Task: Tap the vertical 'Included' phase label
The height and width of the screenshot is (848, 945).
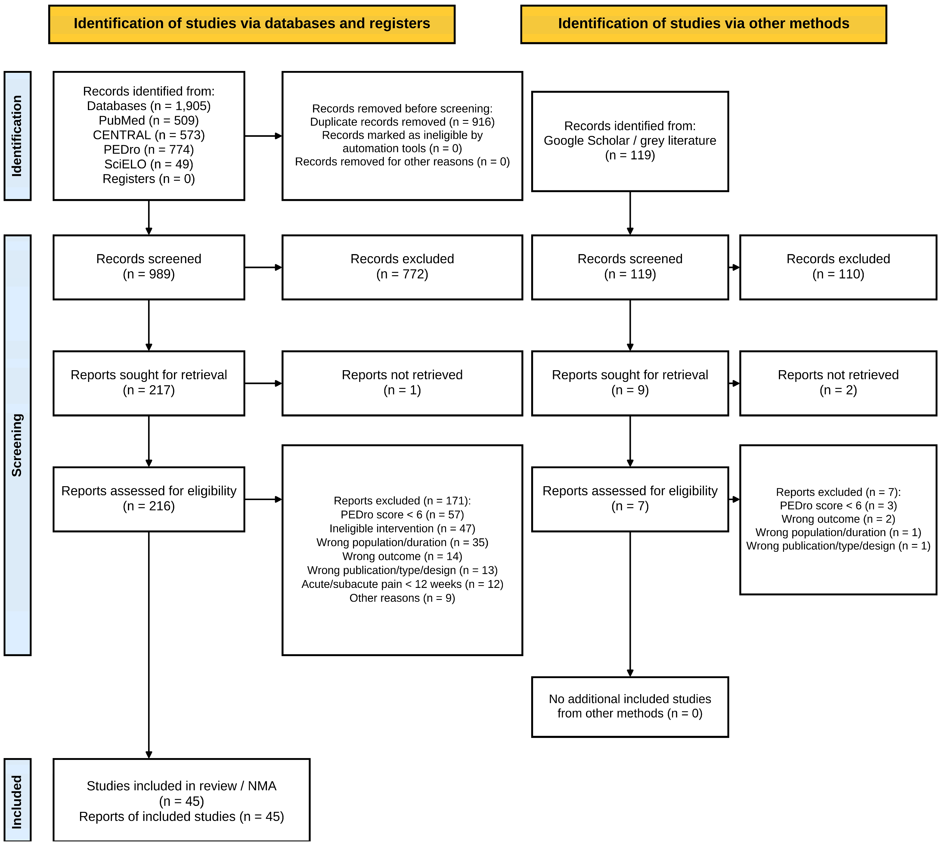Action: [x=17, y=802]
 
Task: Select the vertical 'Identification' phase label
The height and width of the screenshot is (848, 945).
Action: [x=17, y=136]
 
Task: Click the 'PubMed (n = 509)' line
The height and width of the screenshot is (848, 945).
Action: [x=149, y=120]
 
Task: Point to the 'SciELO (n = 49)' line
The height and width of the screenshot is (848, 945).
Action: [x=149, y=164]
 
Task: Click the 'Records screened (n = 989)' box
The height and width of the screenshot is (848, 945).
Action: [x=149, y=267]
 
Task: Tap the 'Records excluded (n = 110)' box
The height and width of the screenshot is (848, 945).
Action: [x=838, y=267]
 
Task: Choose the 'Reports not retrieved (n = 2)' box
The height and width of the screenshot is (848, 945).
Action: [x=838, y=383]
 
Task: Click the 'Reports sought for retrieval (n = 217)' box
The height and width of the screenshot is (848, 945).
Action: [x=149, y=383]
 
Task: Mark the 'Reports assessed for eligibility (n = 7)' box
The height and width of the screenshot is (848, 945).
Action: [x=630, y=499]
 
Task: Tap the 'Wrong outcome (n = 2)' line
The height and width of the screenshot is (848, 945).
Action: [x=838, y=519]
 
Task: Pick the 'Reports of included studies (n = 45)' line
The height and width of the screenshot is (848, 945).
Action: [x=181, y=816]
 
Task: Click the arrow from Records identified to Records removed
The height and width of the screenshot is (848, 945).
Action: [x=263, y=136]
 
